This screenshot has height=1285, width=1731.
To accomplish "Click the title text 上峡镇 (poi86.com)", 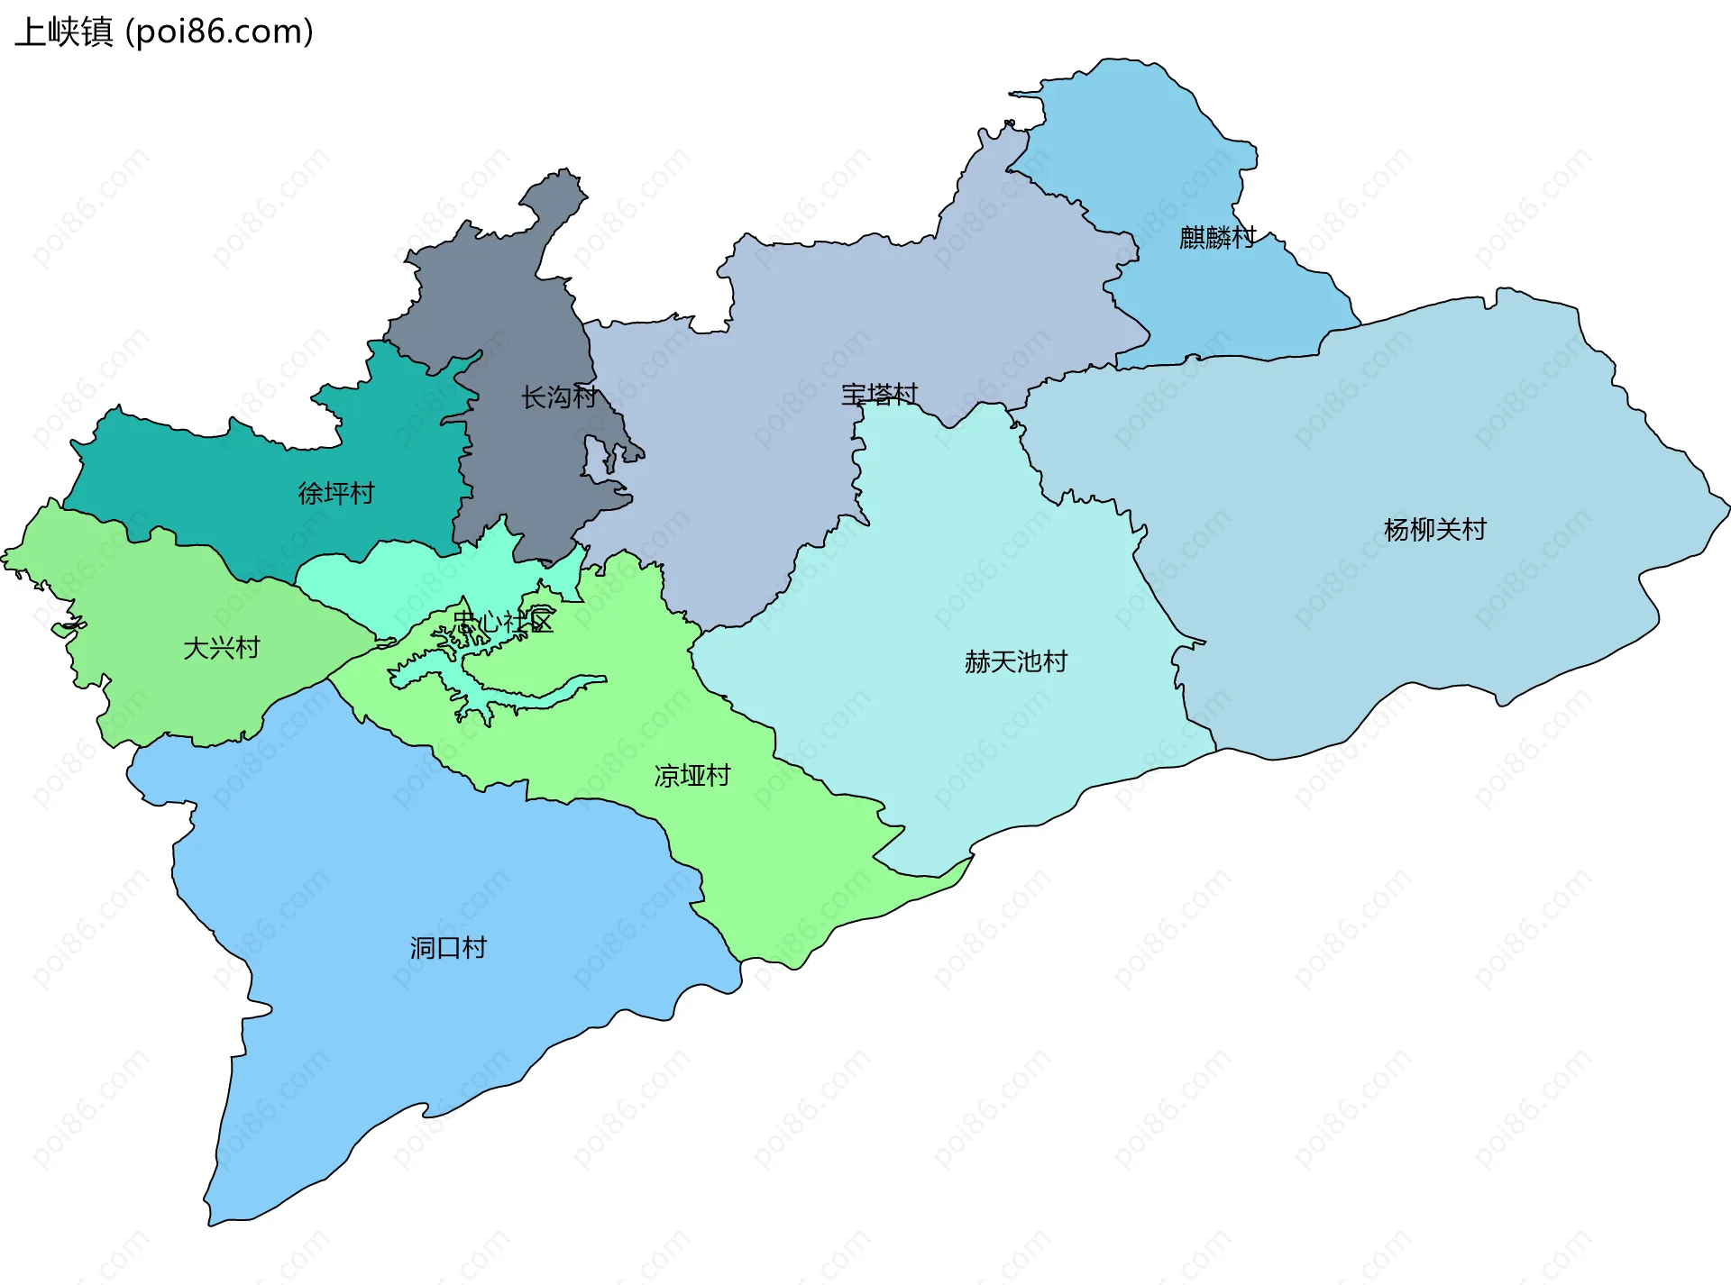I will point(164,32).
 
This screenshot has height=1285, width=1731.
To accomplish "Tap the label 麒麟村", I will point(1217,237).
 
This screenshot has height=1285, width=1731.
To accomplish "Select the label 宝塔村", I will point(879,394).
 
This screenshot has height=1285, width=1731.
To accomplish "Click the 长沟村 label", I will point(559,396).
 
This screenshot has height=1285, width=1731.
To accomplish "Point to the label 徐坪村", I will point(336,493).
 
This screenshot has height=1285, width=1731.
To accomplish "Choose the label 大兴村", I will point(222,647).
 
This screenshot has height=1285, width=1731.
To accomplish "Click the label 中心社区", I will point(503,621).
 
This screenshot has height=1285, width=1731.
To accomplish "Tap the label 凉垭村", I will point(692,775).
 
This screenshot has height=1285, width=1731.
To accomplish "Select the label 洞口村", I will point(448,947).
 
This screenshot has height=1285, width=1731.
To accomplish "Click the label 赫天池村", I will point(1016,661).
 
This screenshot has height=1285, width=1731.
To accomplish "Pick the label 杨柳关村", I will point(1434,529).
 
